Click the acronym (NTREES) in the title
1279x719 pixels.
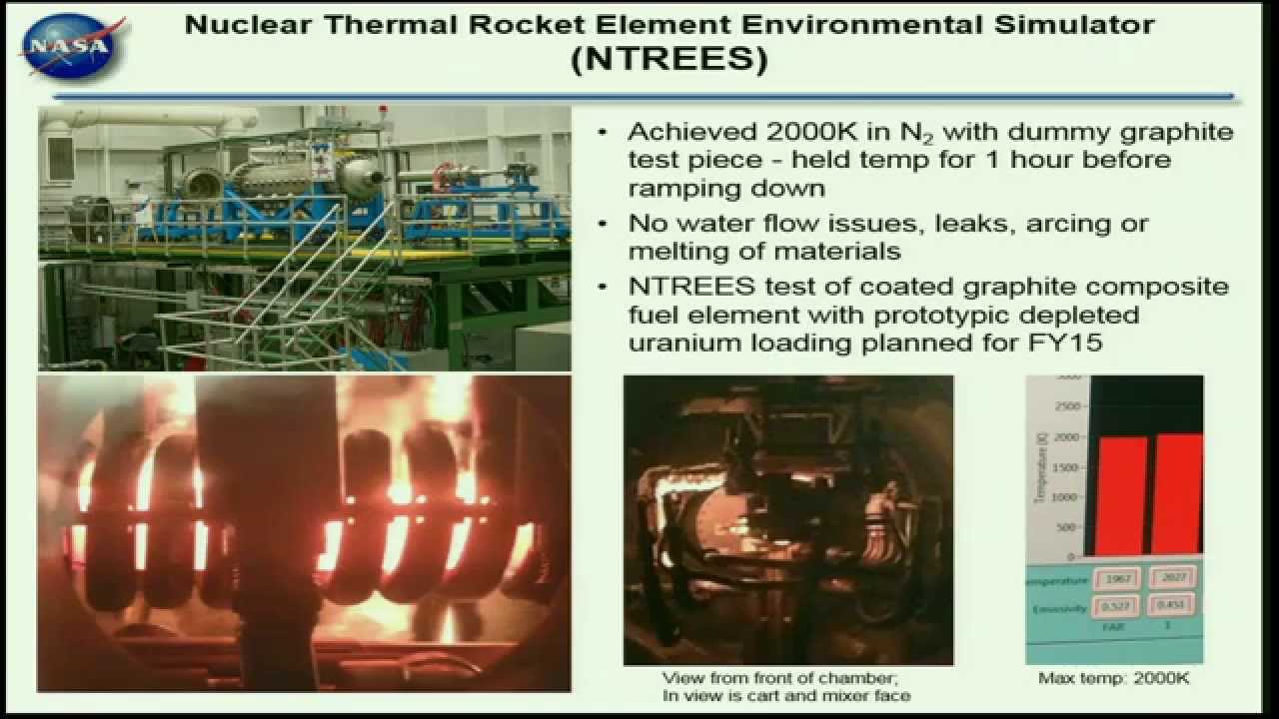coord(669,59)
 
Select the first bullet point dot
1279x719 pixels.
coord(602,132)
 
